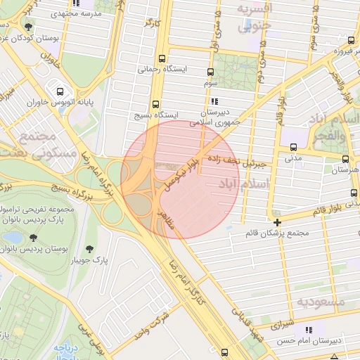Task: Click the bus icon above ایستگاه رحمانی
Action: (163, 59)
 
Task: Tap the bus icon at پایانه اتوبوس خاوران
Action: (59, 91)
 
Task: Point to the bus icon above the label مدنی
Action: (293, 148)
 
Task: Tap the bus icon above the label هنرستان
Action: (345, 160)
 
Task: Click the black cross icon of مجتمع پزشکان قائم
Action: (278, 222)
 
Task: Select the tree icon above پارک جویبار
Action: (89, 249)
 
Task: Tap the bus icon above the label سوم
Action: (210, 72)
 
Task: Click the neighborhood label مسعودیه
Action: (320, 302)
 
